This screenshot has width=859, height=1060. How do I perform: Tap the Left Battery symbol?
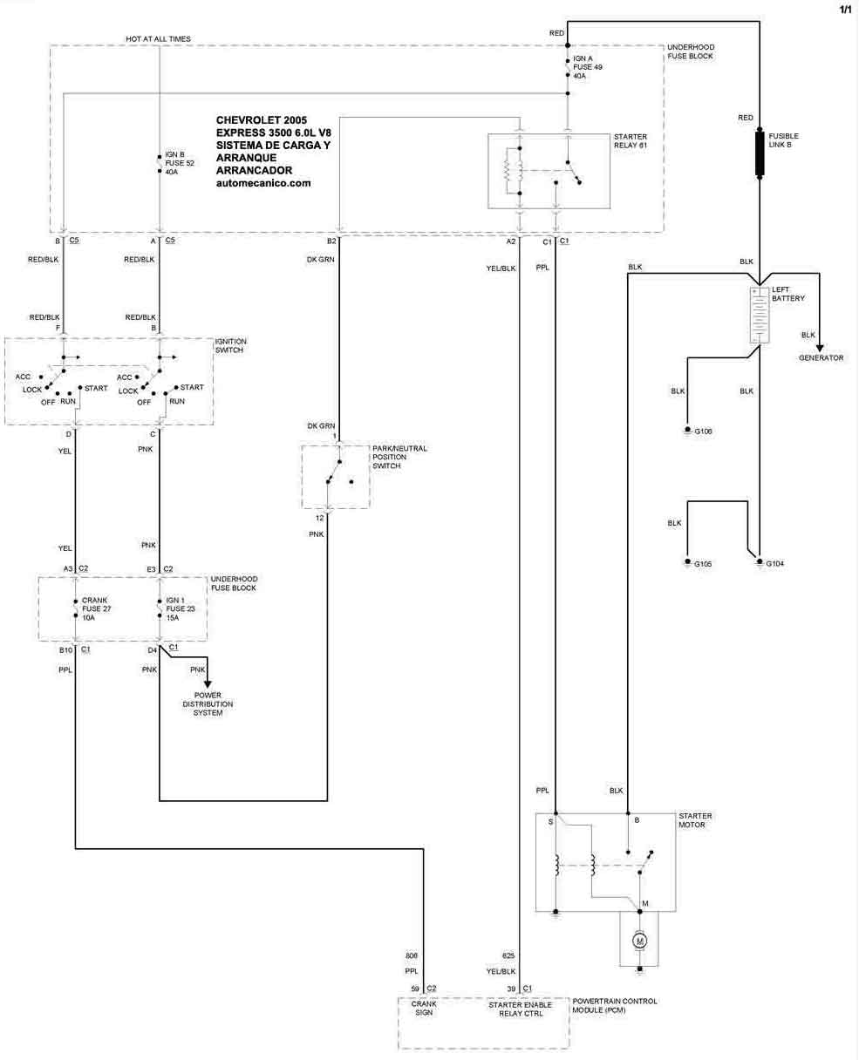[760, 314]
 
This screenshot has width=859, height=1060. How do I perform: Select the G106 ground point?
[687, 431]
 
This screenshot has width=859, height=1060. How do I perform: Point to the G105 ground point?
[687, 563]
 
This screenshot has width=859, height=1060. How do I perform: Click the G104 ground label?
[775, 564]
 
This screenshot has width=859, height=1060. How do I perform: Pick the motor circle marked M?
[639, 941]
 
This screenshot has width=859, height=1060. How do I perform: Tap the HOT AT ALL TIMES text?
[158, 39]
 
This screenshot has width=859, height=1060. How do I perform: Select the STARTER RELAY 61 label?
[631, 141]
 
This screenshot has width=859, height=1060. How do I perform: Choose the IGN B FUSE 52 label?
[178, 162]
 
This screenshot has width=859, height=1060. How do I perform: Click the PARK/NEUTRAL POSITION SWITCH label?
[399, 457]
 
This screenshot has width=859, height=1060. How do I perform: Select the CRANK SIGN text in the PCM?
[423, 1009]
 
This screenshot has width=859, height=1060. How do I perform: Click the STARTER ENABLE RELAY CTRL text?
[520, 1009]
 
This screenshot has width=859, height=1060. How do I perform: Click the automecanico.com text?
[262, 183]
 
